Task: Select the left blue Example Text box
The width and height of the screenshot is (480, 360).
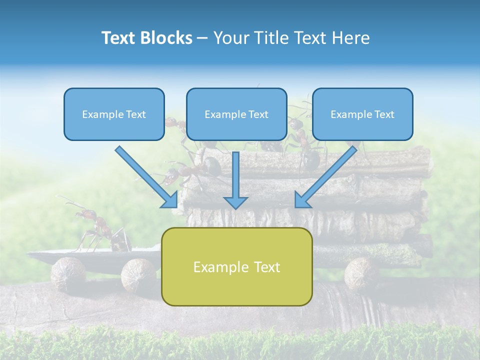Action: tap(114, 114)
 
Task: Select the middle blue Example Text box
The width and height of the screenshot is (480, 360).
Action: tap(236, 114)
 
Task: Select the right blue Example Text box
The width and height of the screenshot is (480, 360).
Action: tap(362, 114)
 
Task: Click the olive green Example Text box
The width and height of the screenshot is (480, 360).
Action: tap(236, 266)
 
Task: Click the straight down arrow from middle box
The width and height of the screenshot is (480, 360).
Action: tap(235, 180)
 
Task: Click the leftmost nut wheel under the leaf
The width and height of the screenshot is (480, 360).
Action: tap(68, 273)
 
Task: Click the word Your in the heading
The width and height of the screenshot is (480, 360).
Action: tap(230, 38)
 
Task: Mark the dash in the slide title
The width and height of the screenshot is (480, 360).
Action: tap(202, 38)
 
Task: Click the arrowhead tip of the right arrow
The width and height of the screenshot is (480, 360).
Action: tap(296, 206)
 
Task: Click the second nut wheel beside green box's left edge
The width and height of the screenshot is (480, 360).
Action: tap(138, 274)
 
